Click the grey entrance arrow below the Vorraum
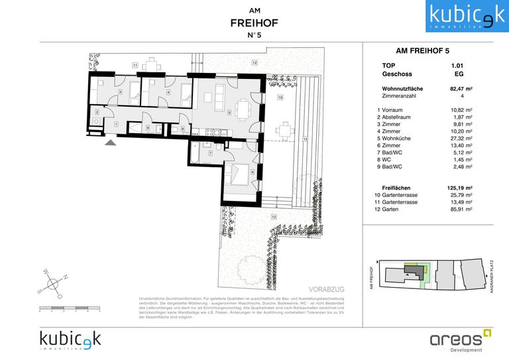(x=110, y=141)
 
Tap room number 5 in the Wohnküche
(x=229, y=113)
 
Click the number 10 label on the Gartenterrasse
(x=280, y=98)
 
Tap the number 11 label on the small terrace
(x=134, y=65)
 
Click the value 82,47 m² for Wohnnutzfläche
(x=460, y=88)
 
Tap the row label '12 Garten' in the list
(x=390, y=209)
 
